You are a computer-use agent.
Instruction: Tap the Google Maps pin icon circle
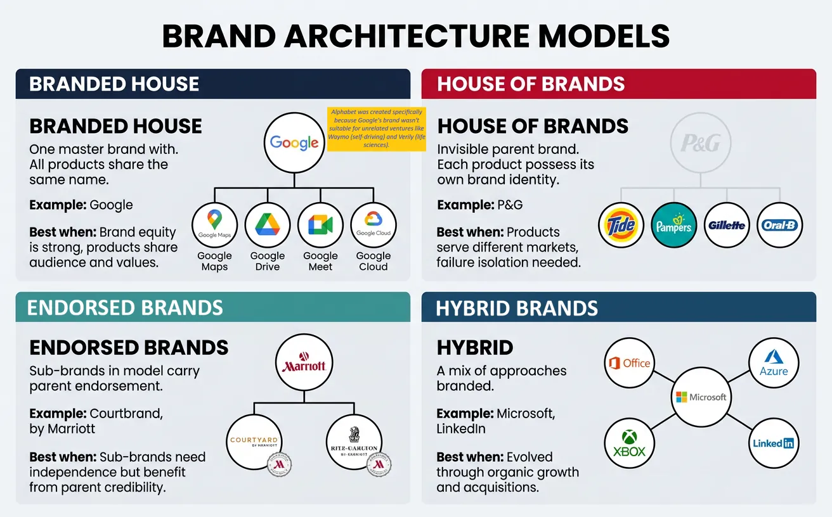[214, 226]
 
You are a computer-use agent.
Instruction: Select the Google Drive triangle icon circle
[267, 226]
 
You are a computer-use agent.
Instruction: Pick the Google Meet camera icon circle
[320, 226]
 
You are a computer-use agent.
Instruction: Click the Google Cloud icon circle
[373, 226]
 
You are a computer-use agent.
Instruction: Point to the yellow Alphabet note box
[376, 129]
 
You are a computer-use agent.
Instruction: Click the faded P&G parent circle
[700, 144]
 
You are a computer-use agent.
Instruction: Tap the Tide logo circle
[621, 226]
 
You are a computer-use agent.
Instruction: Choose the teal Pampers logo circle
[674, 226]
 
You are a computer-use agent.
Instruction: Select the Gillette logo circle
[727, 226]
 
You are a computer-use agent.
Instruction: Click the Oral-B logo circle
[779, 226]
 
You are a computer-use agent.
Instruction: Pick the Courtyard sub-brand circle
[254, 441]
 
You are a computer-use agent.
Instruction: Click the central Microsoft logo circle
[701, 397]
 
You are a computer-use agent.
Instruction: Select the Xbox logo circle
[628, 444]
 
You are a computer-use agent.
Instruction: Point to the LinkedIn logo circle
[773, 444]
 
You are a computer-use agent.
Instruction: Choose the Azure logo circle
[773, 364]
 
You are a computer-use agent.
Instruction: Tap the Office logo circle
[628, 364]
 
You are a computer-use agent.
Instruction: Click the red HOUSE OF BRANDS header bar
[618, 84]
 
